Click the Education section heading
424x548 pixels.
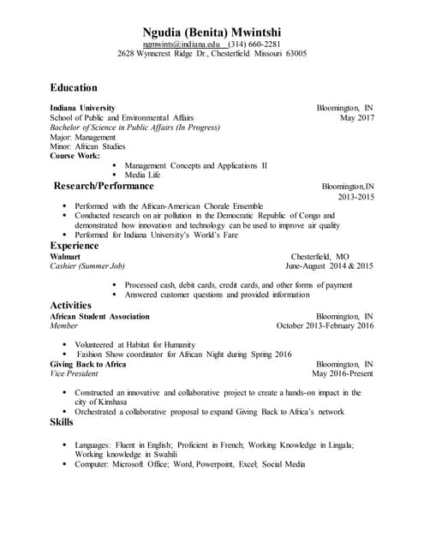pyautogui.click(x=74, y=87)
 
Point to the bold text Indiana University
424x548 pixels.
pyautogui.click(x=82, y=108)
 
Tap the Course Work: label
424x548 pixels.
pyautogui.click(x=75, y=156)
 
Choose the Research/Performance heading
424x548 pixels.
pyautogui.click(x=104, y=186)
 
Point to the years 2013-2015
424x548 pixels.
pyautogui.click(x=355, y=197)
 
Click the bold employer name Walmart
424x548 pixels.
pyautogui.click(x=65, y=256)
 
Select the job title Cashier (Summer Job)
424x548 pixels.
pyautogui.click(x=87, y=266)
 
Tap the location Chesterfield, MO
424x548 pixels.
pyautogui.click(x=320, y=256)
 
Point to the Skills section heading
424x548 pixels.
pyautogui.click(x=62, y=422)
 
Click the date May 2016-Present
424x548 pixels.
pyautogui.click(x=343, y=374)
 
